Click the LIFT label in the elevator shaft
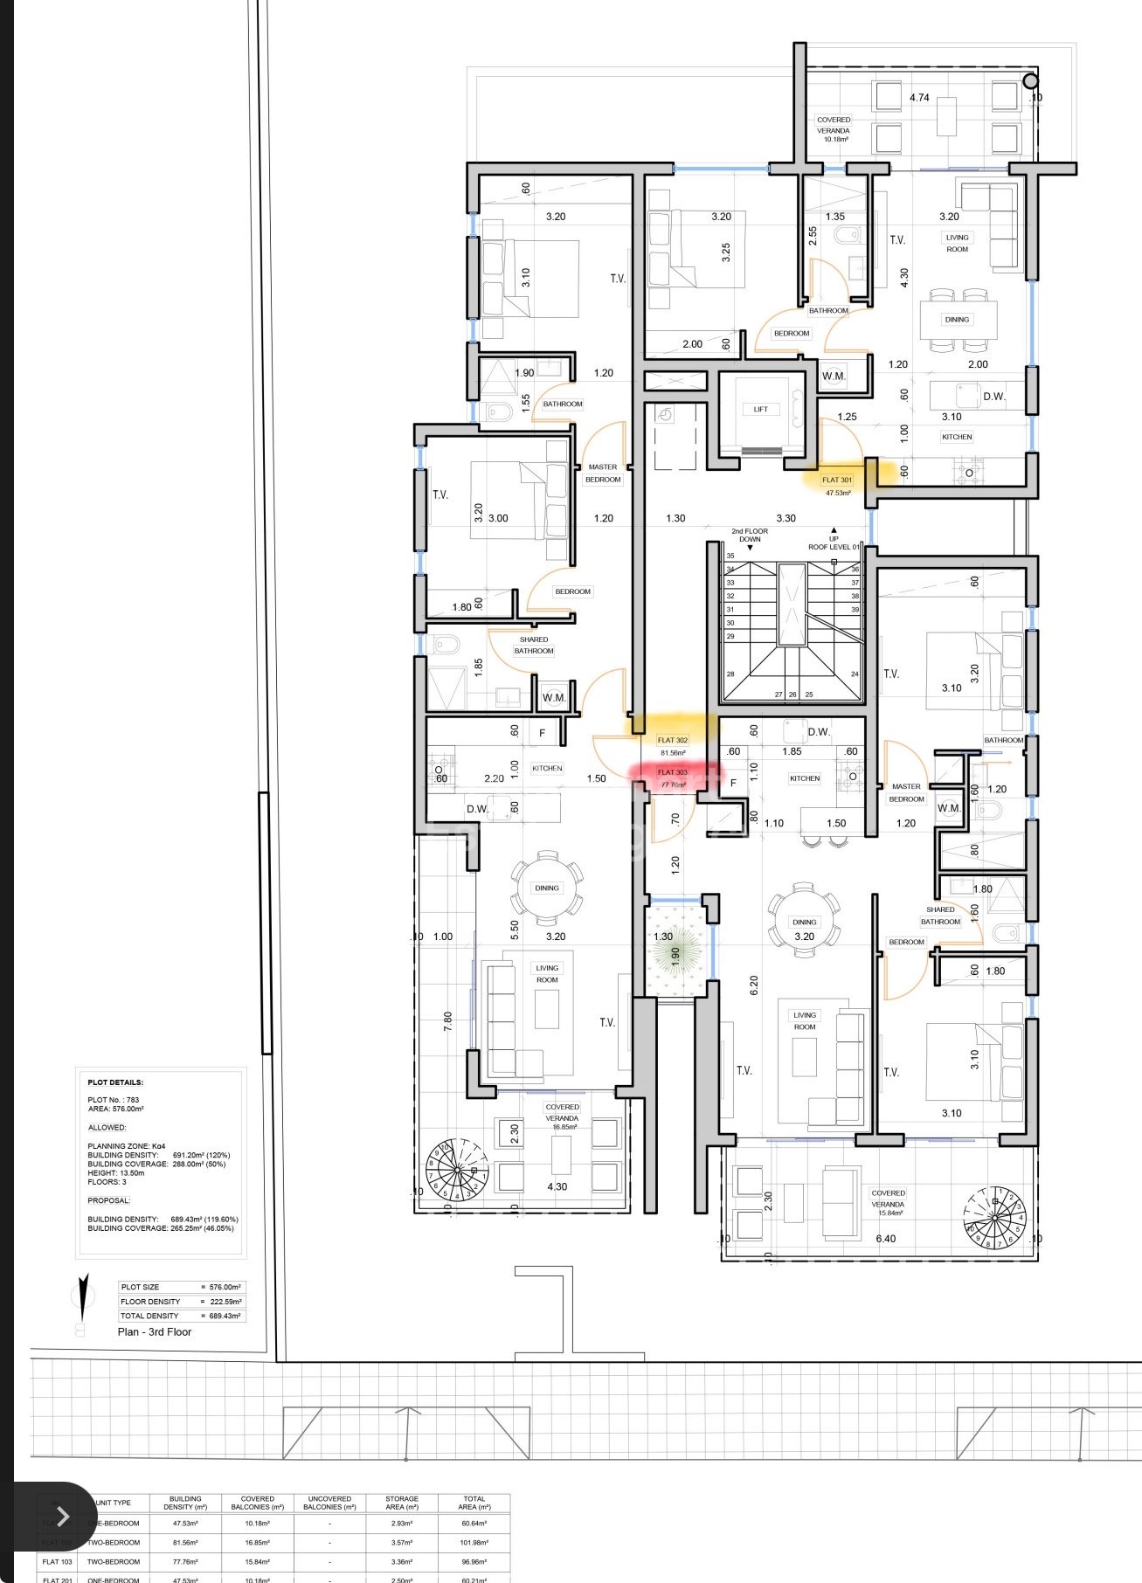[760, 409]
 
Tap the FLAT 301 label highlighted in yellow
[836, 480]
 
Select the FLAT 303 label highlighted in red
[673, 772]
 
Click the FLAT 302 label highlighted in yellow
[673, 741]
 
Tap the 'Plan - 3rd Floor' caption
[155, 1331]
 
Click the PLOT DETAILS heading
[115, 1082]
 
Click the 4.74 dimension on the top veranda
[919, 98]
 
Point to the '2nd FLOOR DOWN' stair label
[750, 535]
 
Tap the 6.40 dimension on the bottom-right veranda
[885, 1238]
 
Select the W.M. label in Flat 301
[834, 377]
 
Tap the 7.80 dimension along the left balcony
[448, 1021]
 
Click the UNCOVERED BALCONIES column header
[330, 1502]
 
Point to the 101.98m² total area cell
[474, 1542]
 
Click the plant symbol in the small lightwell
[675, 949]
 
